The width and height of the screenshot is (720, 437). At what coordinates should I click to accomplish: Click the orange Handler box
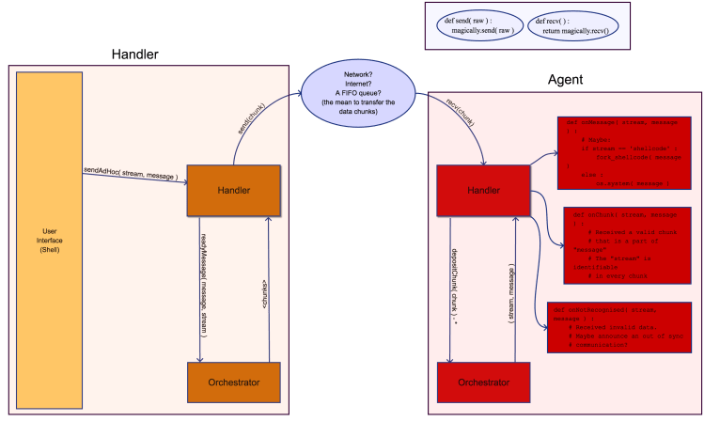point(234,191)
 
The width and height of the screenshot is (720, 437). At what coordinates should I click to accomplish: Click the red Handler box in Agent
point(483,191)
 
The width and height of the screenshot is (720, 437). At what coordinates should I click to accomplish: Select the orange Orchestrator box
point(234,382)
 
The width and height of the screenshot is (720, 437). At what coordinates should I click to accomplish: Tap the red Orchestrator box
point(483,382)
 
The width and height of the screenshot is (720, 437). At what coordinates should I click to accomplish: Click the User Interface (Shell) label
point(50,241)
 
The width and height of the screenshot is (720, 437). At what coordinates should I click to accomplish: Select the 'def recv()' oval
point(571,25)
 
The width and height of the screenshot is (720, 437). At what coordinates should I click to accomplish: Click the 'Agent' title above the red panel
point(565,80)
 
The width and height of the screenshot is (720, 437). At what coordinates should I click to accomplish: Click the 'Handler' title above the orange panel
point(134,55)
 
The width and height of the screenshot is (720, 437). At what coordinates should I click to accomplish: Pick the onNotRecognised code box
point(619,327)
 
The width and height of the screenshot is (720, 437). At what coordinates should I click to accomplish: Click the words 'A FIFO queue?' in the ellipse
point(357,93)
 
